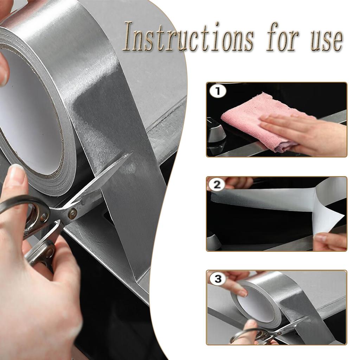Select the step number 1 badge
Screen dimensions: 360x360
click(218, 92)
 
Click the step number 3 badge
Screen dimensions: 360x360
click(218, 279)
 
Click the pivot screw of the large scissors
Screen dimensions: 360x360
click(73, 213)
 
